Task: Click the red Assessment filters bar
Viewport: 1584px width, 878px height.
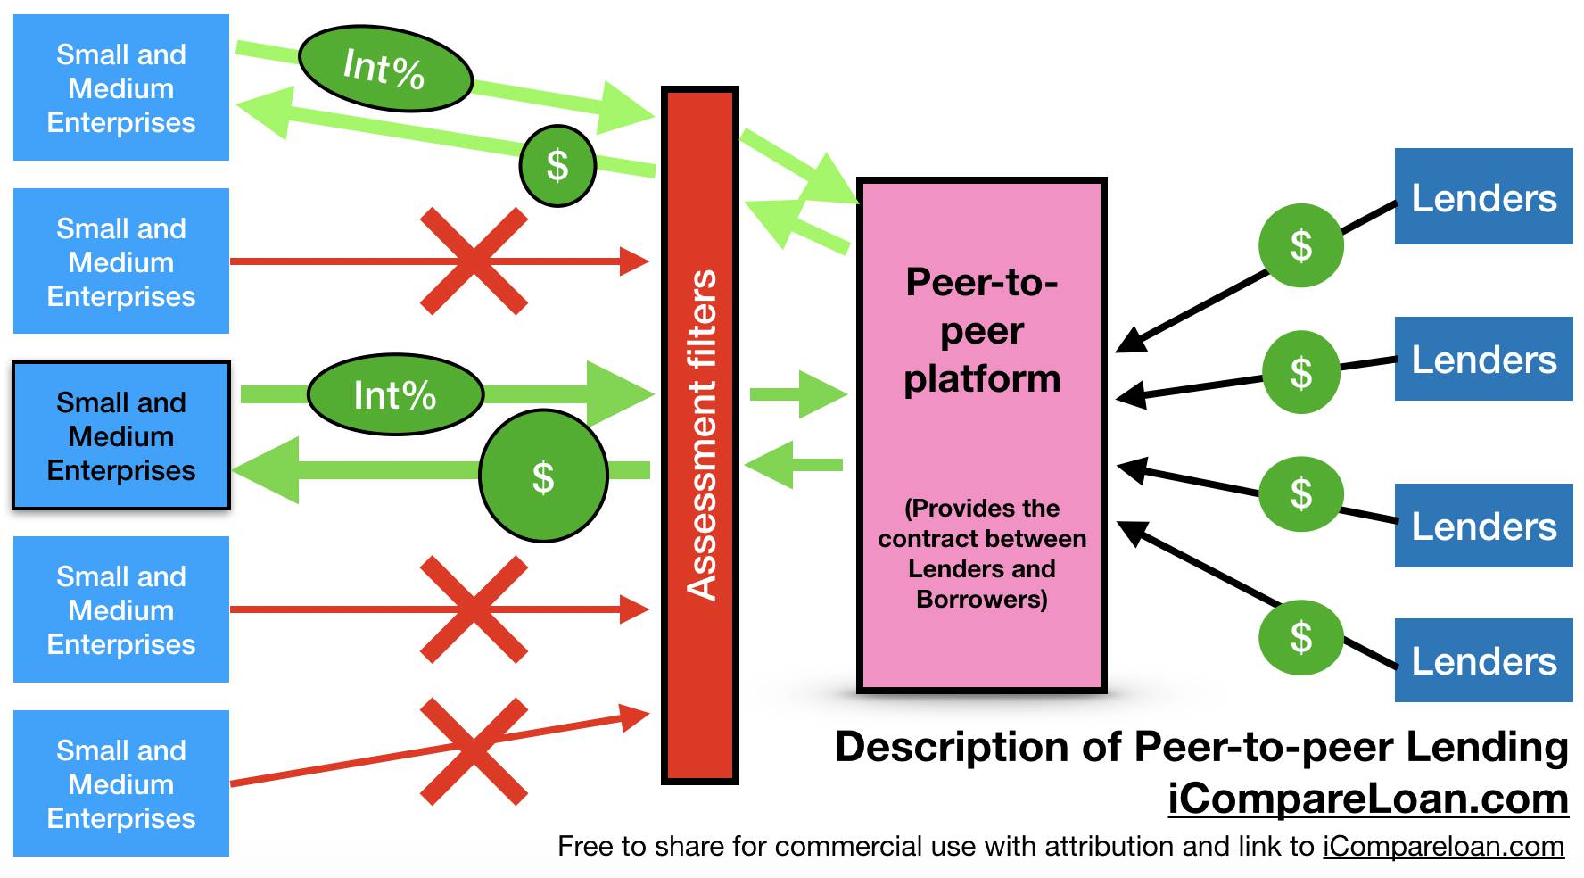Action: pos(700,435)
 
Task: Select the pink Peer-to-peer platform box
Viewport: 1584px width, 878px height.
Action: pos(981,435)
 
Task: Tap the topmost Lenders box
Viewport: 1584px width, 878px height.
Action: pos(1483,197)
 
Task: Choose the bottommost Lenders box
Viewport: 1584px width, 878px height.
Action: pos(1483,660)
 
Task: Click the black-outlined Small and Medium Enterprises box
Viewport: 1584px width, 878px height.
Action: pos(121,435)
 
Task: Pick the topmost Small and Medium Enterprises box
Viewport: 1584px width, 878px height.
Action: pos(121,87)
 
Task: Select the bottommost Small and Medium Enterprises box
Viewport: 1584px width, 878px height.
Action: pos(121,783)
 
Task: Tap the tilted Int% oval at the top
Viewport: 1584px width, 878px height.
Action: pos(384,68)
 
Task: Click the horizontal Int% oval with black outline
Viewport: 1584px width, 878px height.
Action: pos(395,394)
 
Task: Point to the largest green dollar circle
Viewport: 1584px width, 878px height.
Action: pos(543,476)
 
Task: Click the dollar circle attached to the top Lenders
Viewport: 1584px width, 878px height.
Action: pos(1300,244)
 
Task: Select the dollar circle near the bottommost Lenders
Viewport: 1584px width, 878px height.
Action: pos(1300,636)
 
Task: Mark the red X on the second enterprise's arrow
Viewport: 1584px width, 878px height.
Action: pos(474,261)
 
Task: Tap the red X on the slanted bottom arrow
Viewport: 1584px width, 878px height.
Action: pos(474,751)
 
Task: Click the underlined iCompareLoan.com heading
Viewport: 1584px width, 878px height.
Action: pos(1367,799)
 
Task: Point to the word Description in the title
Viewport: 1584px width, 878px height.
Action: pos(951,747)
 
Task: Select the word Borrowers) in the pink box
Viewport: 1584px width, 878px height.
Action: pos(981,599)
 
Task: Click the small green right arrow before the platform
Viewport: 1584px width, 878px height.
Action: pos(796,393)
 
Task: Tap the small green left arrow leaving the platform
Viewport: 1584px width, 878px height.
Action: pos(793,465)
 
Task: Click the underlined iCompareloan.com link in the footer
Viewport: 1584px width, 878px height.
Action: pos(1443,846)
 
